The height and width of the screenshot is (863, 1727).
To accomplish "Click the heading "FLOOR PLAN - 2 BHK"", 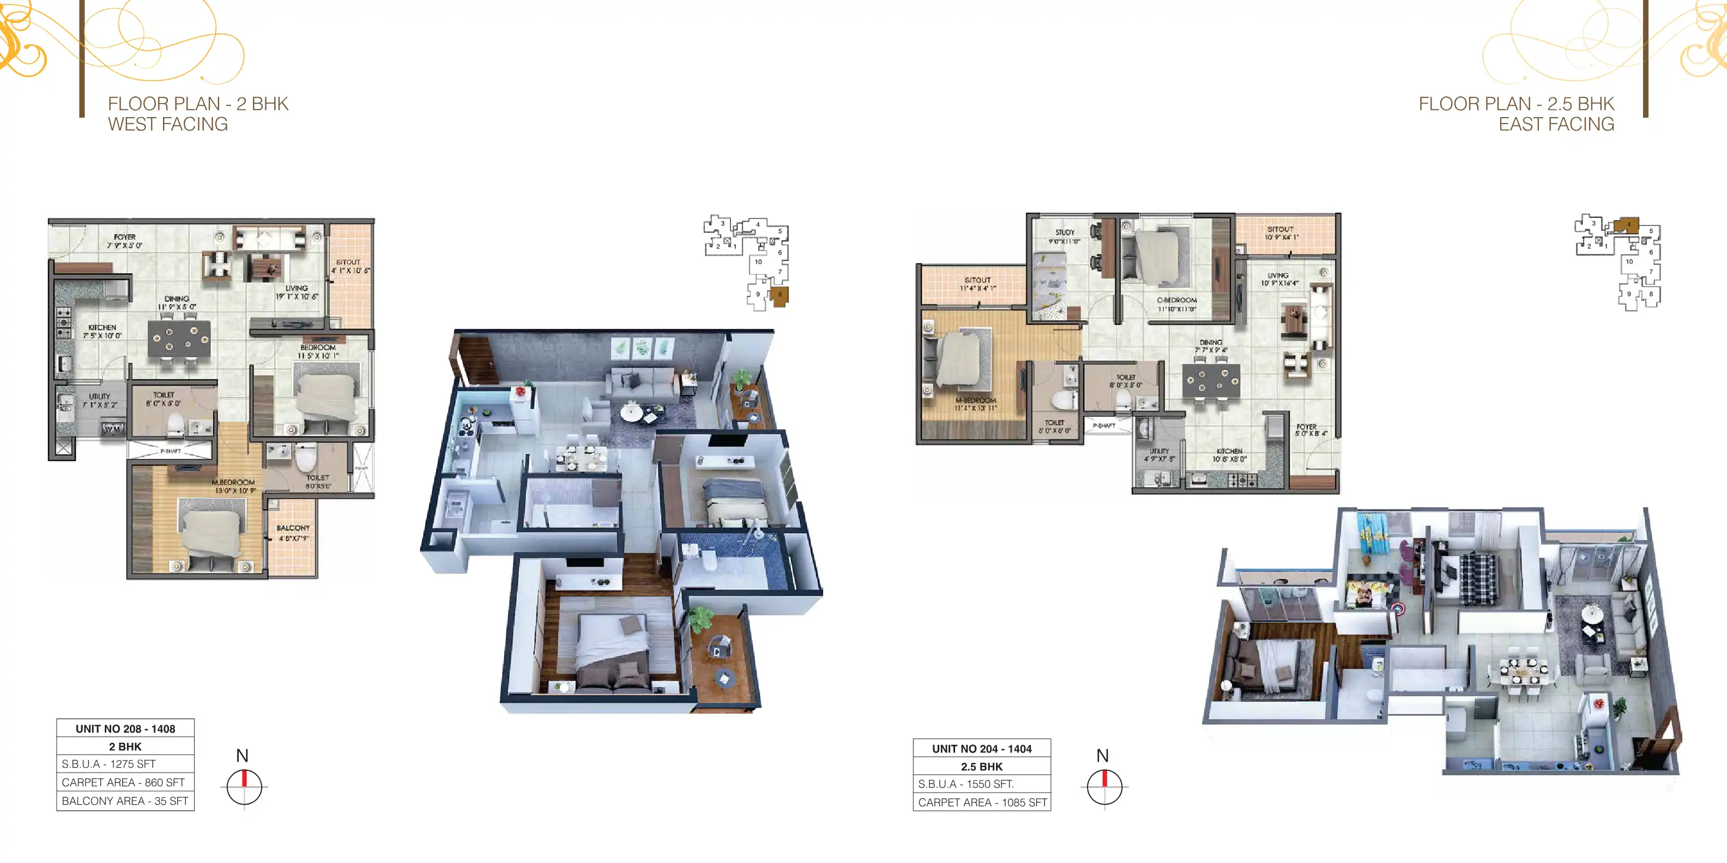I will [198, 104].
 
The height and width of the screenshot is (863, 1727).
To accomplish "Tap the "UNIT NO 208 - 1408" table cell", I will [125, 728].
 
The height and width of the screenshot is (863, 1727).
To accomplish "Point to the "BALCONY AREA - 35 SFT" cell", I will [125, 801].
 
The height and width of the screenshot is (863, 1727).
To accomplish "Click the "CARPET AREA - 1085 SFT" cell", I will [981, 802].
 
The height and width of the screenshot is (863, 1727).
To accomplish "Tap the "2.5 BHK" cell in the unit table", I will [981, 767].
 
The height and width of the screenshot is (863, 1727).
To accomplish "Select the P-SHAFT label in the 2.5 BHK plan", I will [1104, 426].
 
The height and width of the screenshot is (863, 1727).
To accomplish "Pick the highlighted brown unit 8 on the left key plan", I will [780, 295].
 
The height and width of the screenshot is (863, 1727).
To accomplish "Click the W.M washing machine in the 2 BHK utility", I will [111, 429].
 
